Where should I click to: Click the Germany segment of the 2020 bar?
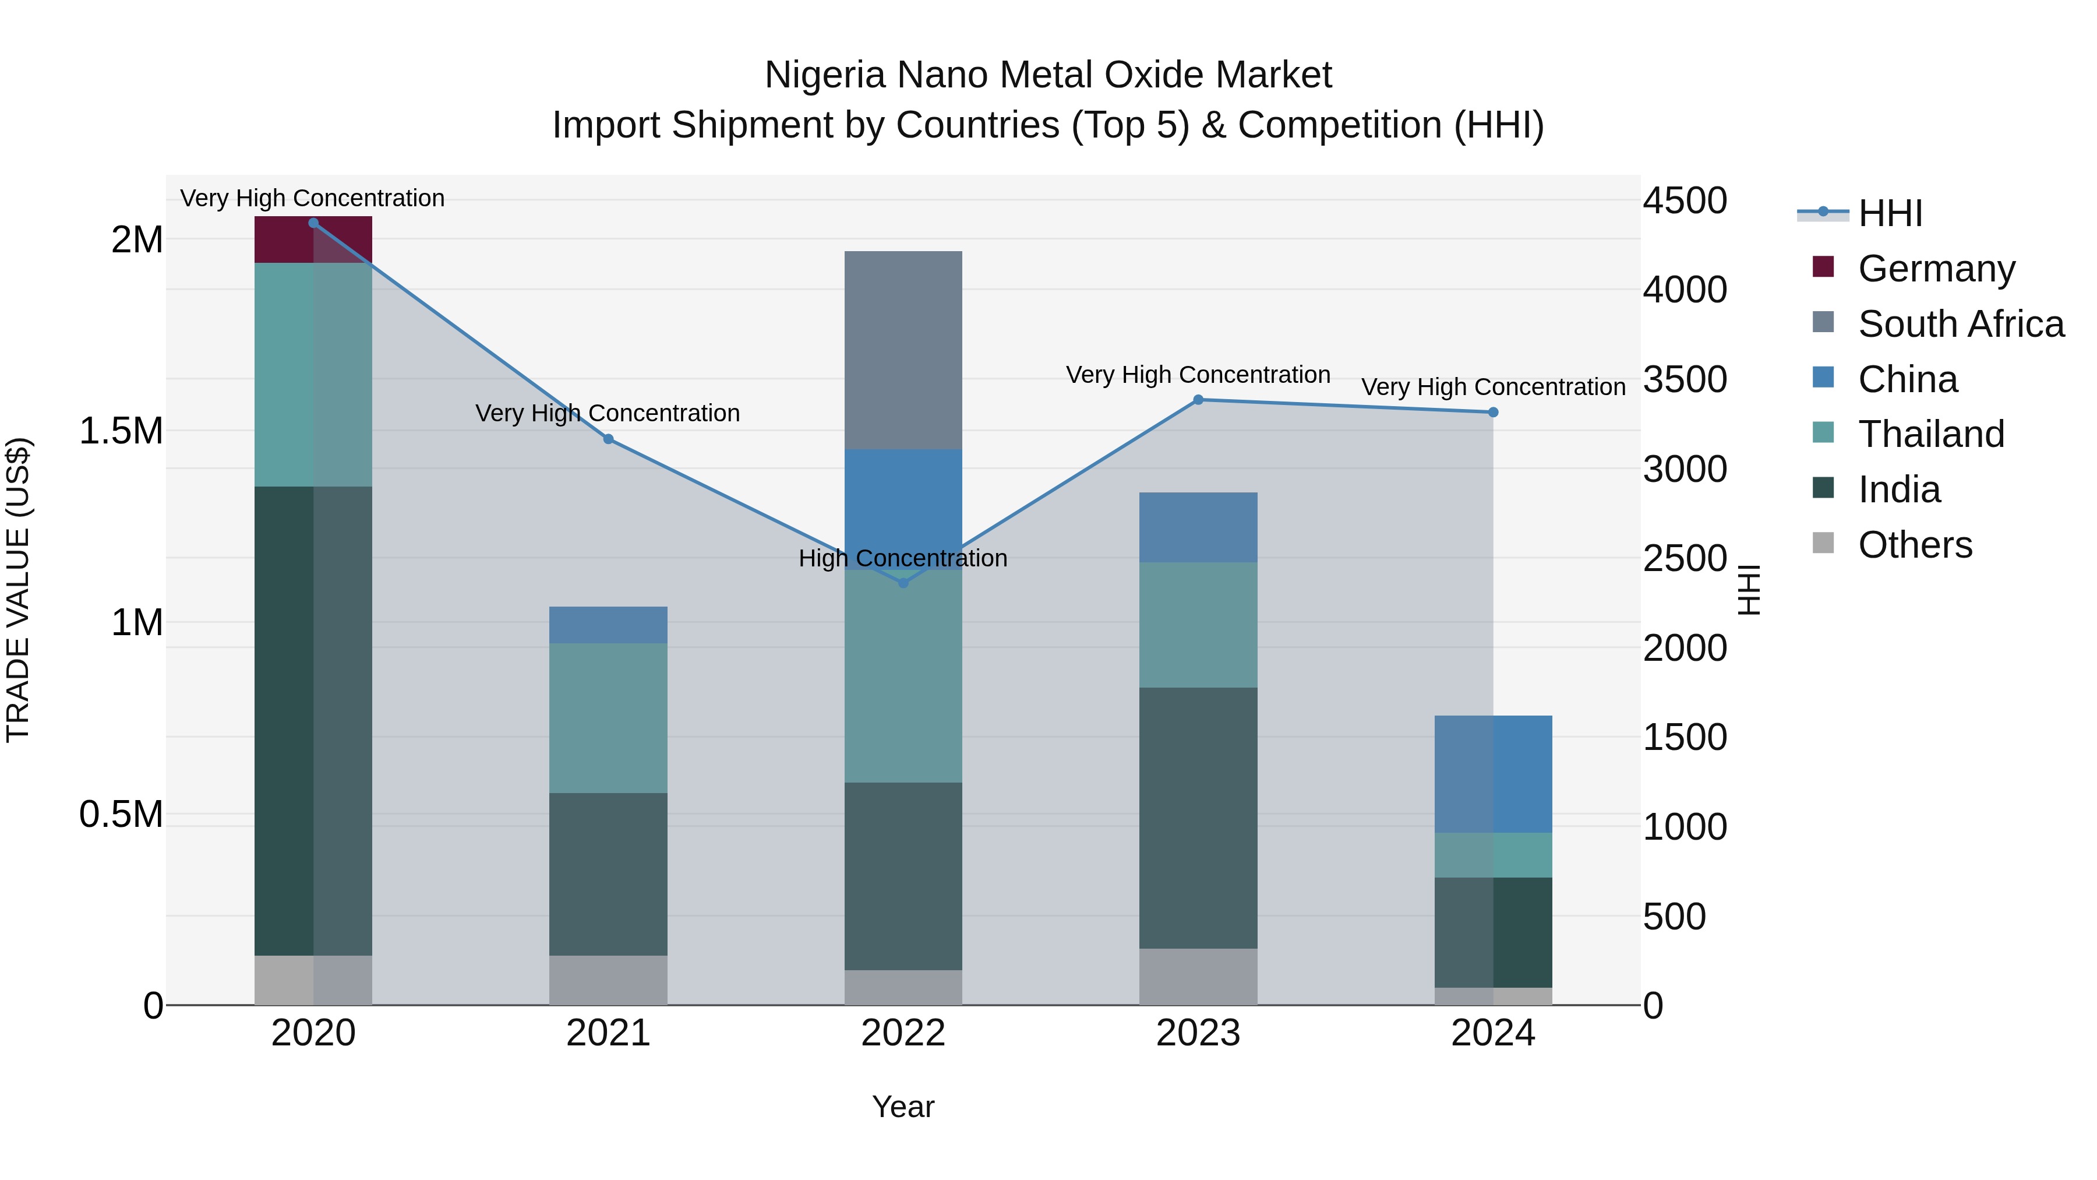[x=313, y=240]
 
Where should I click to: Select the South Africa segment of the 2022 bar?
[x=903, y=350]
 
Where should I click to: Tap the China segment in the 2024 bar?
[x=1493, y=774]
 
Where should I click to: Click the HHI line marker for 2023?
[x=1198, y=400]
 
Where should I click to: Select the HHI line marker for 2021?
[x=608, y=439]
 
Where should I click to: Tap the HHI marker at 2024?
[x=1493, y=412]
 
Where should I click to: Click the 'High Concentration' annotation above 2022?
[x=903, y=559]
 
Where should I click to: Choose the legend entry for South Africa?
[x=1960, y=324]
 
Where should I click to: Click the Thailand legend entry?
[x=1930, y=434]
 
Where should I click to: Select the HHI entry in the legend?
[x=1890, y=213]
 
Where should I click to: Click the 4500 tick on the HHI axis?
[x=1684, y=200]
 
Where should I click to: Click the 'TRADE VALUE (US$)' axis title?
[x=18, y=590]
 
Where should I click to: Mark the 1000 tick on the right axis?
[x=1684, y=826]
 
